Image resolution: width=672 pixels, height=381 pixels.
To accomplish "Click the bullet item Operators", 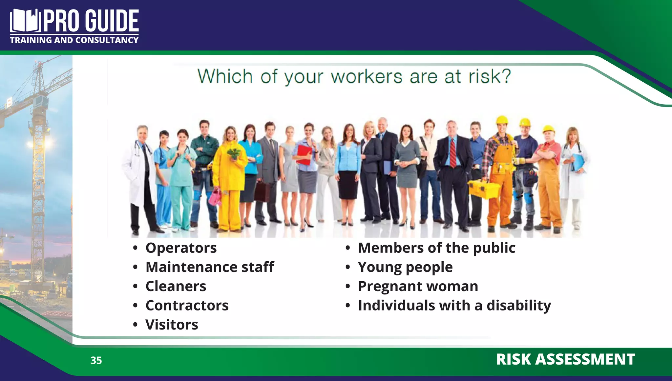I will [x=181, y=248].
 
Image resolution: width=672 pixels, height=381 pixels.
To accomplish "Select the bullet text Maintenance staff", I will [x=209, y=267].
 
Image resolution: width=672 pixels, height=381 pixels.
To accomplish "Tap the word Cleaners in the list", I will [x=176, y=286].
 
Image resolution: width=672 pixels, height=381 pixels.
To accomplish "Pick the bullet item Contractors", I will [x=187, y=305].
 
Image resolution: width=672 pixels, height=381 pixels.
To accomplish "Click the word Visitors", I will [x=172, y=325].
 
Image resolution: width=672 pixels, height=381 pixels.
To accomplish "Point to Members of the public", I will [x=436, y=248].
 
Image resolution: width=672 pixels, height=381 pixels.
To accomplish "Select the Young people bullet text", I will [x=405, y=267].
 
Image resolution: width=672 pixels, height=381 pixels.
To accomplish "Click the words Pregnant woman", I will [x=418, y=286].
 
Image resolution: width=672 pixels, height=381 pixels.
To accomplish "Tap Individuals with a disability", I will [x=454, y=305].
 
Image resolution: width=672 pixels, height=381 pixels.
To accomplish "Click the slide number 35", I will [x=96, y=360].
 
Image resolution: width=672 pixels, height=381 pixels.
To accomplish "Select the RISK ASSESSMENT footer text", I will [x=565, y=359].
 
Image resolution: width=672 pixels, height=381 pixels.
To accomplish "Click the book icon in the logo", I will [x=25, y=21].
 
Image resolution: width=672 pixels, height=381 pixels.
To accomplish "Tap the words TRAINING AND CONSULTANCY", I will [x=74, y=40].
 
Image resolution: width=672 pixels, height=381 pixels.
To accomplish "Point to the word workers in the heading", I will [x=366, y=76].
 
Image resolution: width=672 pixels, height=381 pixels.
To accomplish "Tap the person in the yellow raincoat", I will [x=230, y=177].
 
